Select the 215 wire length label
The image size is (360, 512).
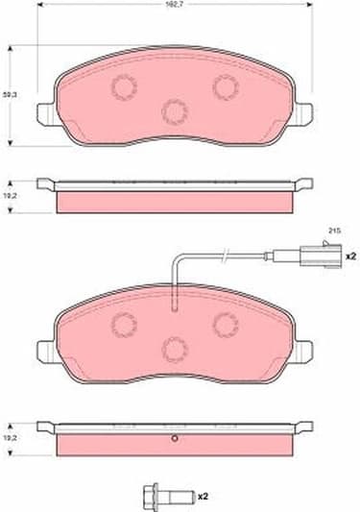pyautogui.click(x=335, y=232)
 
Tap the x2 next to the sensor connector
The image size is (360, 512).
pyautogui.click(x=350, y=256)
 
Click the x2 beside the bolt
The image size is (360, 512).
pyautogui.click(x=204, y=498)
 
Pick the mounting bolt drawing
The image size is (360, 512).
pyautogui.click(x=164, y=497)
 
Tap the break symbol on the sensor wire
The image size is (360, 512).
pyautogui.click(x=224, y=256)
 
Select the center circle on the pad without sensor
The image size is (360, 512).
pyautogui.click(x=174, y=112)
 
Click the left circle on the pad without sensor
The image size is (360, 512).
pyautogui.click(x=124, y=87)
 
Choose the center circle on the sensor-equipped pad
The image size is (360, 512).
pyautogui.click(x=174, y=347)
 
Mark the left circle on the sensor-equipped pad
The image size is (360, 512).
pyautogui.click(x=124, y=323)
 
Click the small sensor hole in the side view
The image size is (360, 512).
pyautogui.click(x=174, y=441)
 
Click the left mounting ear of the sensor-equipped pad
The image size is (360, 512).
pyautogui.click(x=46, y=349)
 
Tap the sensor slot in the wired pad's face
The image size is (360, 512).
pyautogui.click(x=174, y=305)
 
